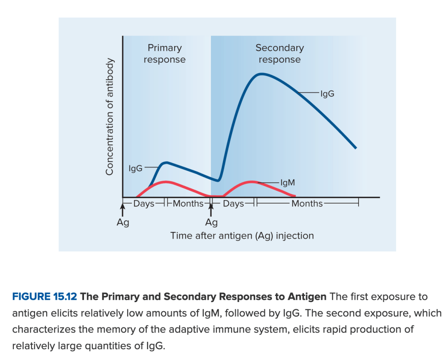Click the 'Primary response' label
pos(165,54)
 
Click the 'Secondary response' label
pos(279,54)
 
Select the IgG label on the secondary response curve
pos(327,93)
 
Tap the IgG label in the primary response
pos(136,168)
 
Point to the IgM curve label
pos(288,183)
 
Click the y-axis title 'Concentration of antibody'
pos(110,116)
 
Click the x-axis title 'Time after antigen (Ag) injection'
pos(242,236)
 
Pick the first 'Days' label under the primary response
pos(144,203)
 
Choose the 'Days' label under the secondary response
pos(233,203)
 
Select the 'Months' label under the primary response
pos(188,203)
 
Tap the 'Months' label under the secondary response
pos(307,203)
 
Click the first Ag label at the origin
pos(123,223)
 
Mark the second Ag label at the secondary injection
pos(211,223)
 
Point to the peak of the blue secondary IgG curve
pos(262,74)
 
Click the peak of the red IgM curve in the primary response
pos(166,182)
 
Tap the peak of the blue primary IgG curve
pos(166,163)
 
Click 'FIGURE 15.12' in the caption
pos(45,297)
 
